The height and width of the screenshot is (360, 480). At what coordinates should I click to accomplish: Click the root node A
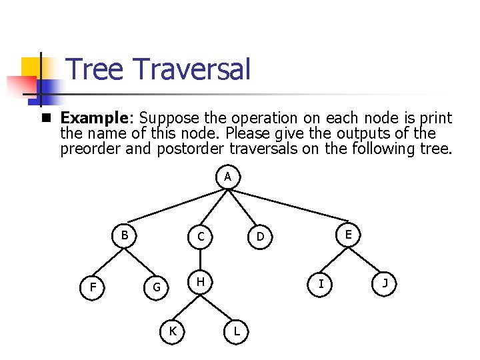pyautogui.click(x=228, y=177)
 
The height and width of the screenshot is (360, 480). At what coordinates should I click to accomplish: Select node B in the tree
pyautogui.click(x=125, y=235)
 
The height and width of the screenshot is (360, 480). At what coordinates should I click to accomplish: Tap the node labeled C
pyautogui.click(x=200, y=237)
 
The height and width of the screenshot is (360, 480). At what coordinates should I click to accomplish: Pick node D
pyautogui.click(x=261, y=237)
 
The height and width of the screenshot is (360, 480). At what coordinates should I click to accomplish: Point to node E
pyautogui.click(x=349, y=235)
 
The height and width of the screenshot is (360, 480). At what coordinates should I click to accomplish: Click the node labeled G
pyautogui.click(x=157, y=288)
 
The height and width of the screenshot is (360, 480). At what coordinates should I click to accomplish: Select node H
pyautogui.click(x=200, y=283)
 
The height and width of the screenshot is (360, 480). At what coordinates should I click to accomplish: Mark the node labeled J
pyautogui.click(x=385, y=283)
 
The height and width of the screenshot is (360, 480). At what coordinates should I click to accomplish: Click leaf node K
pyautogui.click(x=173, y=331)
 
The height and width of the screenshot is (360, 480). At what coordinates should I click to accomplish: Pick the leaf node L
pyautogui.click(x=237, y=331)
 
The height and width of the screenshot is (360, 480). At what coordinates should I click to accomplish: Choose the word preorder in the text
pyautogui.click(x=90, y=149)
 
